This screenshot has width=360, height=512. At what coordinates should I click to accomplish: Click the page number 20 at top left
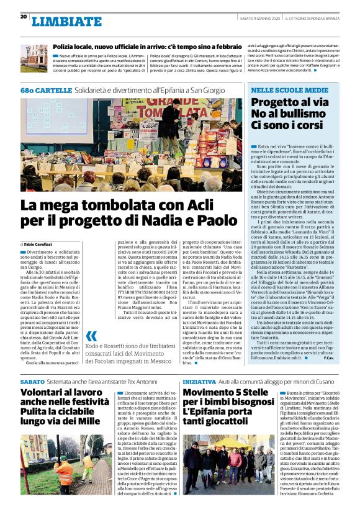[23, 17]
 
